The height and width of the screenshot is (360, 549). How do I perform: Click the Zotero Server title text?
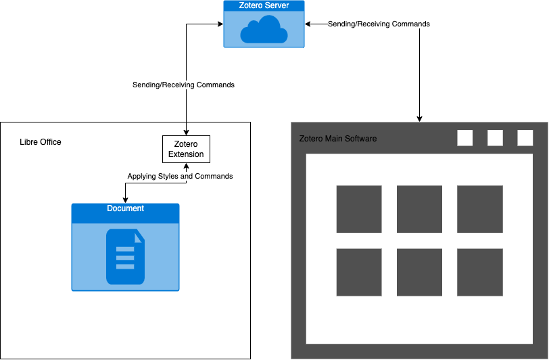pyautogui.click(x=264, y=5)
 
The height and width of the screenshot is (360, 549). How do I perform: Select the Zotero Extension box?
pyautogui.click(x=186, y=149)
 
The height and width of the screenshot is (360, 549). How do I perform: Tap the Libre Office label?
pyautogui.click(x=41, y=142)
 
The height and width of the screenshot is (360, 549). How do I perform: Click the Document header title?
pyautogui.click(x=126, y=208)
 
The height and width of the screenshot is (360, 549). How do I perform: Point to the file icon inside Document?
pyautogui.click(x=125, y=256)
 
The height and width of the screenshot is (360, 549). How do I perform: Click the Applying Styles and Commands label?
pyautogui.click(x=180, y=177)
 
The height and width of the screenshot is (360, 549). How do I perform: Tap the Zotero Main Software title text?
pyautogui.click(x=338, y=139)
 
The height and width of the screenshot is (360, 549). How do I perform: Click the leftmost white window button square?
pyautogui.click(x=465, y=138)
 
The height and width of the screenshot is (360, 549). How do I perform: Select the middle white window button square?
pyautogui.click(x=496, y=138)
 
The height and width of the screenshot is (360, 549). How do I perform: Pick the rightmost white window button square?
pyautogui.click(x=525, y=138)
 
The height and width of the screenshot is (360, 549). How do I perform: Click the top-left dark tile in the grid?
pyautogui.click(x=359, y=208)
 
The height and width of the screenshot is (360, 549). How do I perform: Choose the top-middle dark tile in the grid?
pyautogui.click(x=419, y=208)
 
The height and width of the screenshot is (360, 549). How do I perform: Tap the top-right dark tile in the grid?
pyautogui.click(x=480, y=208)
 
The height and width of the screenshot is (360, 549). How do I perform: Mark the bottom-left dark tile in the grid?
pyautogui.click(x=359, y=272)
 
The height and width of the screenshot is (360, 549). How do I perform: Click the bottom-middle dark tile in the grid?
pyautogui.click(x=419, y=272)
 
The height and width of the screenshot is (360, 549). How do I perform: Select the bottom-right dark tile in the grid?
pyautogui.click(x=480, y=272)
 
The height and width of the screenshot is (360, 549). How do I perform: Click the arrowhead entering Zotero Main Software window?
pyautogui.click(x=420, y=118)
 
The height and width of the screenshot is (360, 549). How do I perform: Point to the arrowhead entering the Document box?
pyautogui.click(x=126, y=200)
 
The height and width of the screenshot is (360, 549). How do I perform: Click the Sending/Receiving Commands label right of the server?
pyautogui.click(x=379, y=24)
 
